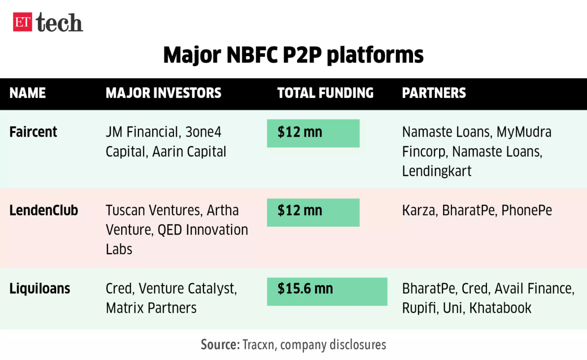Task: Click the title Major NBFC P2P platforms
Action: [x=293, y=55]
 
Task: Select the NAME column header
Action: [x=28, y=93]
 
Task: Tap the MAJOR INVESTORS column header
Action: [x=164, y=93]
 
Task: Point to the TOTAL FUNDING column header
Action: [x=325, y=93]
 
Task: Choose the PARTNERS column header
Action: [x=434, y=93]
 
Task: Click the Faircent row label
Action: [x=33, y=132]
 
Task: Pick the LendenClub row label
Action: [x=43, y=210]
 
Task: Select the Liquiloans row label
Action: [x=39, y=289]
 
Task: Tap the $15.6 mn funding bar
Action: [x=327, y=292]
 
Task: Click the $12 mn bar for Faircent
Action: [x=313, y=133]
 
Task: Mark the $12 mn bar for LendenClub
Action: [x=313, y=212]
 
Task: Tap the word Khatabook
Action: [x=500, y=308]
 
